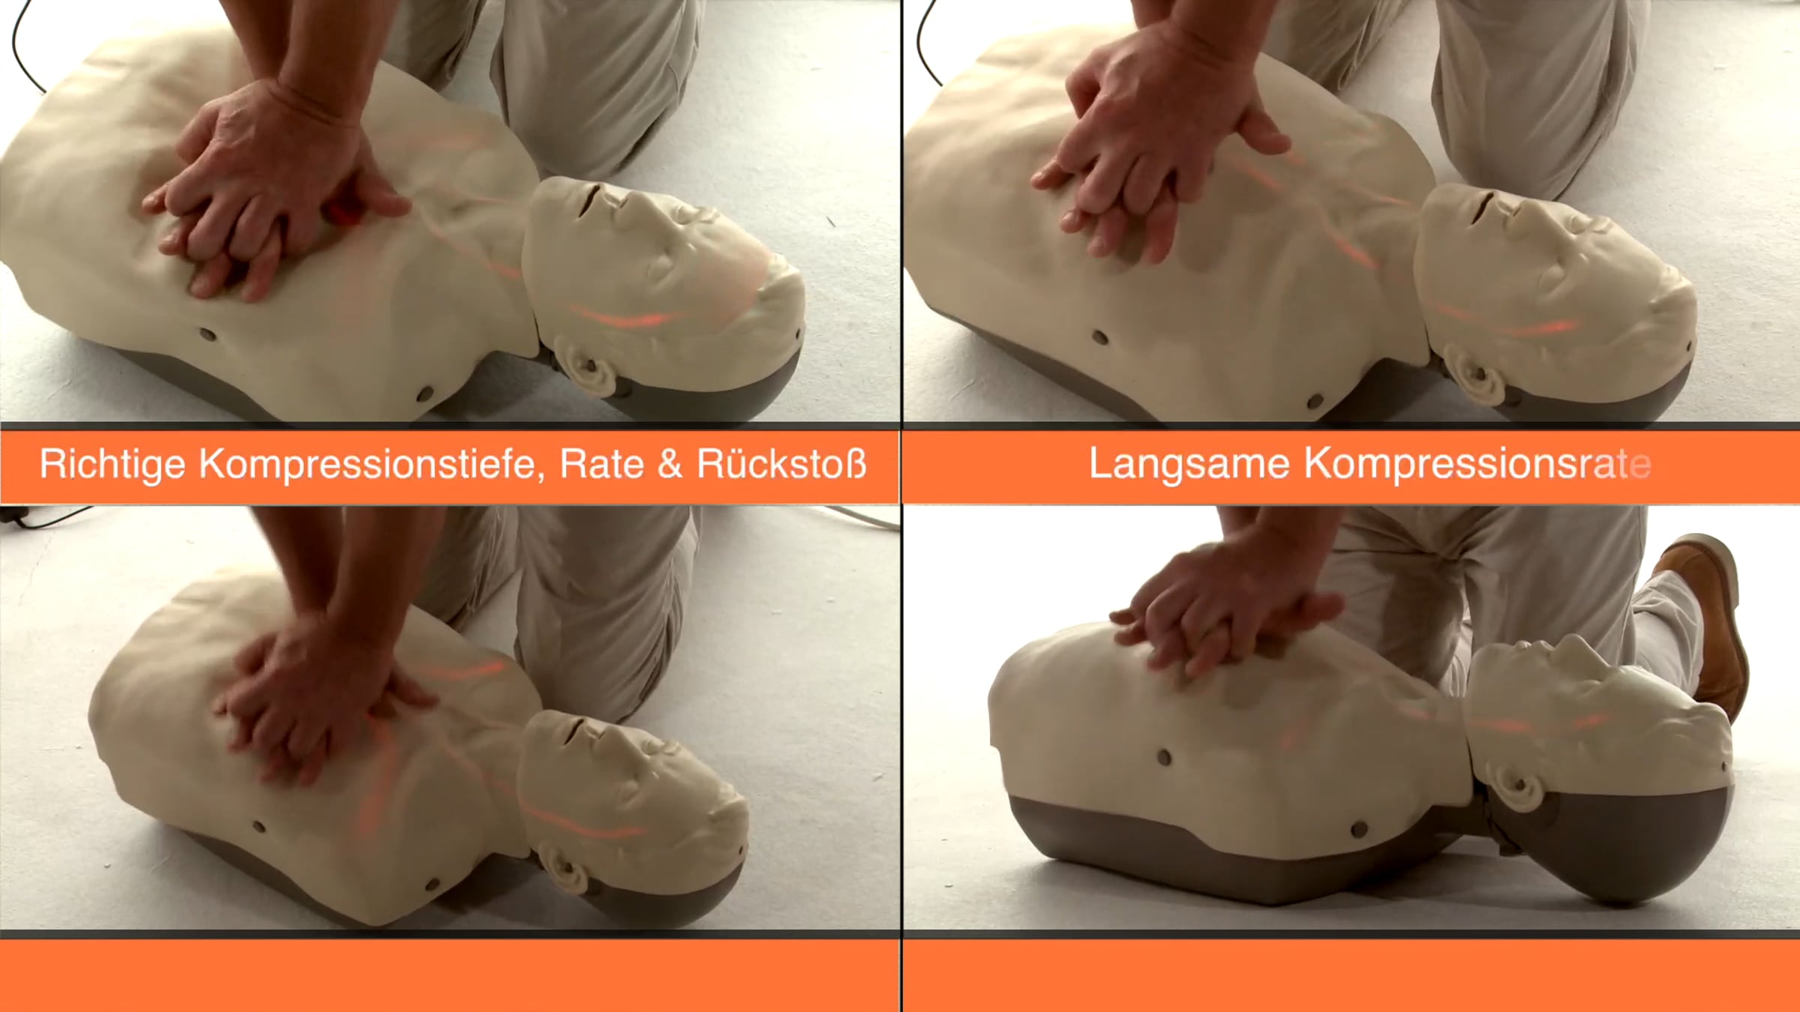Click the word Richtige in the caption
(x=112, y=464)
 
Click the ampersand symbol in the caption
(x=670, y=464)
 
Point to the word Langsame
(x=1189, y=464)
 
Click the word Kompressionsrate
(x=1477, y=464)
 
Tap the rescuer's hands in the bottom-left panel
(x=322, y=697)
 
